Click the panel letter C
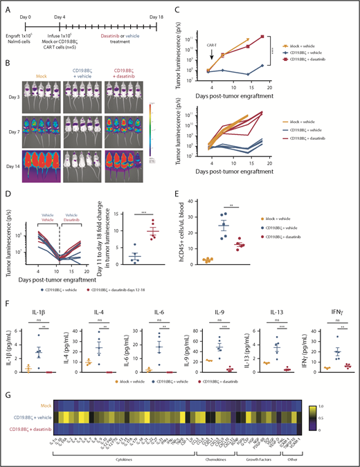[186, 6]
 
